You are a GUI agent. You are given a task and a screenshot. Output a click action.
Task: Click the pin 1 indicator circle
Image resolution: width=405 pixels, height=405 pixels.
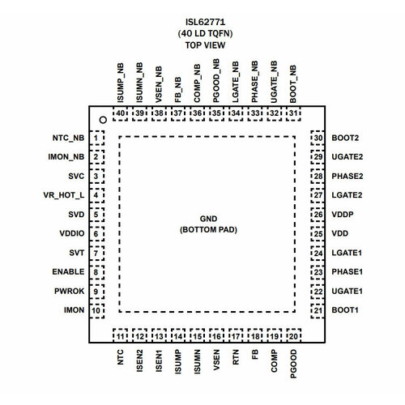coord(103,120)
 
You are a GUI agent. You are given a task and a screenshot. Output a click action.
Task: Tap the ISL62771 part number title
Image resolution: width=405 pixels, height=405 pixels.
coord(205,22)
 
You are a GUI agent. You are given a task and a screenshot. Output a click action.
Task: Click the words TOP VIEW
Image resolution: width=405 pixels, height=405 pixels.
coord(205,45)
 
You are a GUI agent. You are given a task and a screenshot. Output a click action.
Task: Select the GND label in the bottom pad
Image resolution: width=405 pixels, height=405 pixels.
coord(208,219)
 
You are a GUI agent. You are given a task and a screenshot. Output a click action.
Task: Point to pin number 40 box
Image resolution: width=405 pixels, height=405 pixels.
coord(120,113)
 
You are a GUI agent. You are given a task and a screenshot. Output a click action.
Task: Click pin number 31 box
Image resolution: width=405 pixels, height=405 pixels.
coord(293,113)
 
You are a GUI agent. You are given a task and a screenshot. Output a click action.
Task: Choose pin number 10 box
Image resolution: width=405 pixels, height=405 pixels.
coord(96,310)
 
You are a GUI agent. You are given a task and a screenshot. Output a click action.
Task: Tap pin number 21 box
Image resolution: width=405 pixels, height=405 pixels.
coord(318,310)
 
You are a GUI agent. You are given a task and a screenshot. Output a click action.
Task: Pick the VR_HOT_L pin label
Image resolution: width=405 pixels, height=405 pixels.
coord(64,195)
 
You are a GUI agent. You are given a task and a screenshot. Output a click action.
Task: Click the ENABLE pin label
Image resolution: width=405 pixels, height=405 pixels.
coord(68,271)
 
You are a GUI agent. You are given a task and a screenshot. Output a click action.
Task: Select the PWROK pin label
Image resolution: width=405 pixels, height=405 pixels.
coord(69,291)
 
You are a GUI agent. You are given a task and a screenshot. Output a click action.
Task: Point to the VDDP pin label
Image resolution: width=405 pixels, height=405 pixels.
coord(343,215)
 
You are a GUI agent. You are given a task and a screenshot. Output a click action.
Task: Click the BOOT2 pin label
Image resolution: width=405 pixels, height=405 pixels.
coord(345,138)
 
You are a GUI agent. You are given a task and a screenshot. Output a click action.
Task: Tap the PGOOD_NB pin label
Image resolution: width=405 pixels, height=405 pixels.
coord(216,81)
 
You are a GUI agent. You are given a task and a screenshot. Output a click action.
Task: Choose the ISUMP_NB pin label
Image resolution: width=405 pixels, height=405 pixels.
coord(120,83)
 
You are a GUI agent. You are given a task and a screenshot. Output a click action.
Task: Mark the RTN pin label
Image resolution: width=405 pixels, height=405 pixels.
coord(236,357)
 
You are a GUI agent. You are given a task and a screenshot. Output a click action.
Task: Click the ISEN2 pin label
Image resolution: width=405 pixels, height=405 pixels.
coord(139,360)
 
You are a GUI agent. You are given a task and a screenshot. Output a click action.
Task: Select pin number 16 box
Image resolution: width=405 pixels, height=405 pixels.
coord(216,336)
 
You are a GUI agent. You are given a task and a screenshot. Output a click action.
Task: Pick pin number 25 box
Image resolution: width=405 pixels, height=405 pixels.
coord(318,234)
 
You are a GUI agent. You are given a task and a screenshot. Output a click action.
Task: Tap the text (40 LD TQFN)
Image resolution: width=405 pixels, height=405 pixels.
coord(205,33)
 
